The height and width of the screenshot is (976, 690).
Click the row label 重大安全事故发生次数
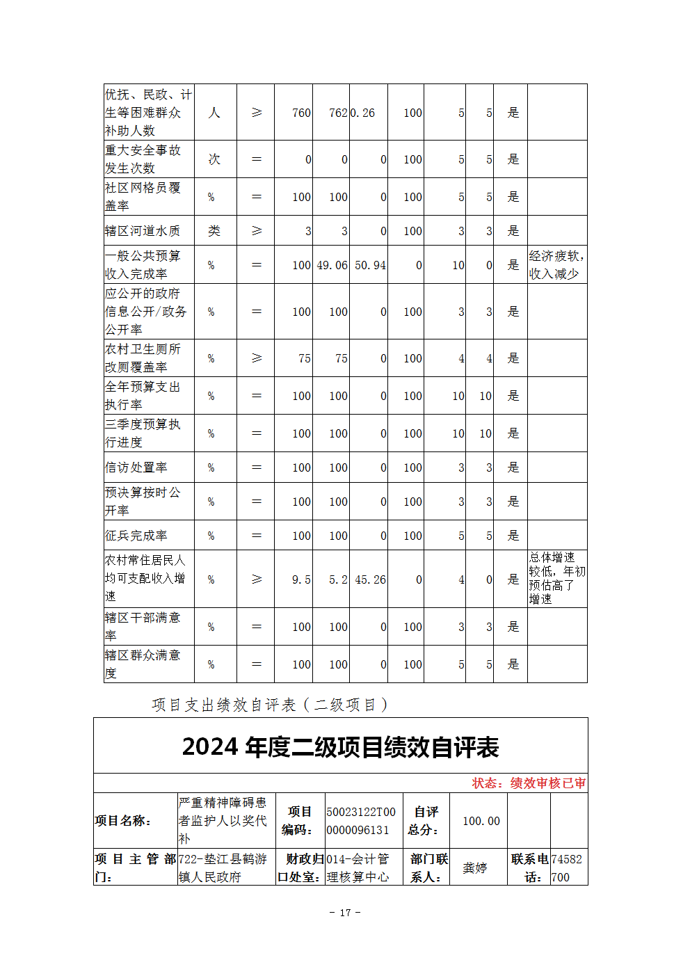(x=143, y=159)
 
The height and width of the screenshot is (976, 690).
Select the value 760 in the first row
(x=301, y=113)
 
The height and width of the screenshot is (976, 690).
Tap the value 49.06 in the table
(x=332, y=265)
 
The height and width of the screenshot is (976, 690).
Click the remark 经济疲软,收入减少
(x=556, y=265)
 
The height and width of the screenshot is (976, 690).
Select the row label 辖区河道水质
(x=143, y=231)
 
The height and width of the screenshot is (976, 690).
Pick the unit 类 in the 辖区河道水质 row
(x=214, y=231)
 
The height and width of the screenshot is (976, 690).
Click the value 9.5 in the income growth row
(x=301, y=579)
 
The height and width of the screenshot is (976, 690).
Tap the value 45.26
(x=370, y=579)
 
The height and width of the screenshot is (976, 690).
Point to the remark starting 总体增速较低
(x=556, y=578)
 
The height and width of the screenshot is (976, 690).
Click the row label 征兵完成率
(x=136, y=536)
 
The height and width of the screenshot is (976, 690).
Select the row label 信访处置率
(x=136, y=467)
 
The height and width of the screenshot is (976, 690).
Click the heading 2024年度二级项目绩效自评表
(x=340, y=747)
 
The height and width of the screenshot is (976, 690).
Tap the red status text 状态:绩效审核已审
(x=529, y=783)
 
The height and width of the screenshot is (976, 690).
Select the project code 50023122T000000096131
(x=361, y=821)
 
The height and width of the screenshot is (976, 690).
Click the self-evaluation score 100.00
(x=481, y=821)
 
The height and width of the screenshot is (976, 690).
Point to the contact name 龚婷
(x=475, y=867)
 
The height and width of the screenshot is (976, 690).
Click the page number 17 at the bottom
(x=345, y=913)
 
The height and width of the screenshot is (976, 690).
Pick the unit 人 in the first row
(x=214, y=113)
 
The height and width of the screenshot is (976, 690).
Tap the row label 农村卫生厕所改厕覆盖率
(x=143, y=358)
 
